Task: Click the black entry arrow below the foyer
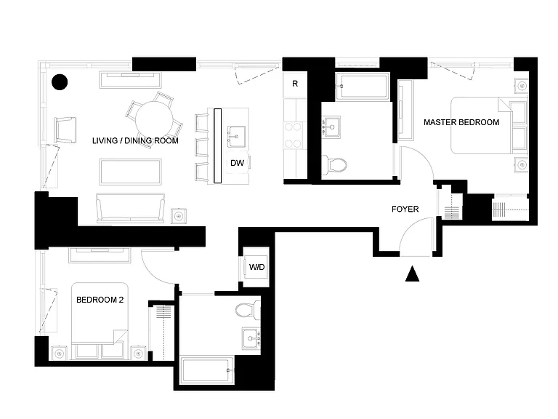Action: click(412, 274)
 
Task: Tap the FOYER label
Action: click(405, 209)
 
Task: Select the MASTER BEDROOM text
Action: click(461, 122)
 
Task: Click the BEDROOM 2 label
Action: click(100, 300)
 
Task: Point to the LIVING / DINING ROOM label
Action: click(135, 140)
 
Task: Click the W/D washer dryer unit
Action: click(256, 267)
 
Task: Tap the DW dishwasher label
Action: click(237, 163)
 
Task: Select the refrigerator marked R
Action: click(295, 84)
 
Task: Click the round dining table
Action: click(154, 119)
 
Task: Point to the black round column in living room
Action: click(60, 82)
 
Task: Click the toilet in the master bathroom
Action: click(334, 164)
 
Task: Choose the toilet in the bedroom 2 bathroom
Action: click(248, 310)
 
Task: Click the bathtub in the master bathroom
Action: click(363, 87)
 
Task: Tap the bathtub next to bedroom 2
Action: click(208, 370)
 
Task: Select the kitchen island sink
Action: click(236, 137)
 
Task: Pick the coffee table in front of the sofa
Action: click(131, 172)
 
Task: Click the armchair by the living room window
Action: click(65, 130)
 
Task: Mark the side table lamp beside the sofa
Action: click(179, 216)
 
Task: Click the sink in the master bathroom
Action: click(331, 127)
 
